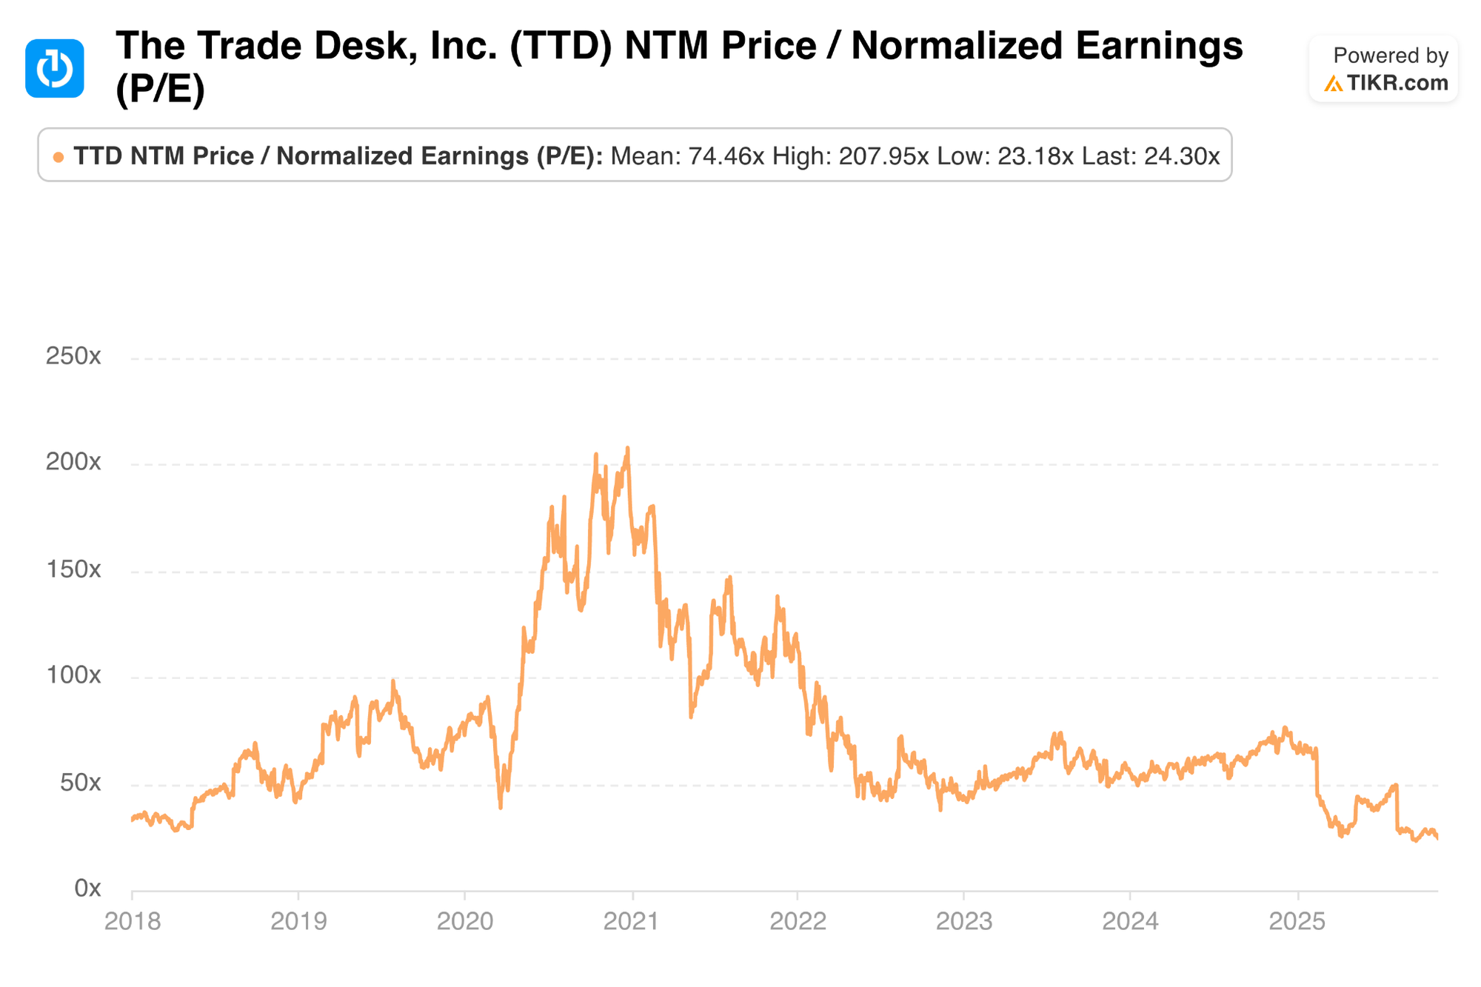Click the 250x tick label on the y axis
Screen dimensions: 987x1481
click(x=73, y=357)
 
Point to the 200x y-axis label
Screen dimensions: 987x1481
click(x=73, y=463)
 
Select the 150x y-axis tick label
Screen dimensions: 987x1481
click(x=73, y=569)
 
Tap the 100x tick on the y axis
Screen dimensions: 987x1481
click(x=73, y=675)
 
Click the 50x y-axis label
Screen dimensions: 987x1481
click(x=80, y=783)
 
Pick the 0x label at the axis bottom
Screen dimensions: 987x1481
click(x=87, y=889)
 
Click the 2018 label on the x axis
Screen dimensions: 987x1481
click(x=133, y=922)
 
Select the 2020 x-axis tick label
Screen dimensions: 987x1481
click(x=465, y=922)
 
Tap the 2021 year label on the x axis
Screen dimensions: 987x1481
click(x=632, y=922)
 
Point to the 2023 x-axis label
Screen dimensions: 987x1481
click(x=964, y=922)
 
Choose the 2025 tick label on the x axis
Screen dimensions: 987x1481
click(x=1297, y=922)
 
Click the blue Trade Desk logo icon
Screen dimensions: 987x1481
click(x=55, y=68)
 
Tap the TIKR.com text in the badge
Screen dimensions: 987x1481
click(x=1397, y=83)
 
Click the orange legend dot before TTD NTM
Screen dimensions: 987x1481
click(x=58, y=157)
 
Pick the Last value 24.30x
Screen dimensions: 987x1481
click(x=1181, y=156)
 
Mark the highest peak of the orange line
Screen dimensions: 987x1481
click(x=628, y=448)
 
